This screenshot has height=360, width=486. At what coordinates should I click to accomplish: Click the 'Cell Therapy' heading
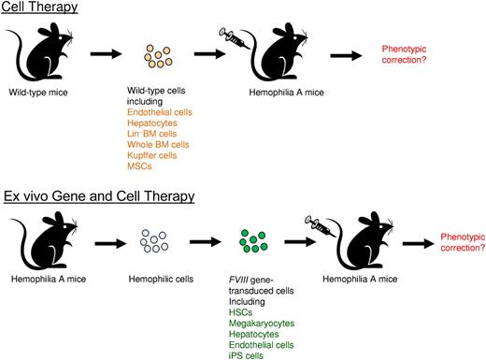(x=38, y=8)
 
